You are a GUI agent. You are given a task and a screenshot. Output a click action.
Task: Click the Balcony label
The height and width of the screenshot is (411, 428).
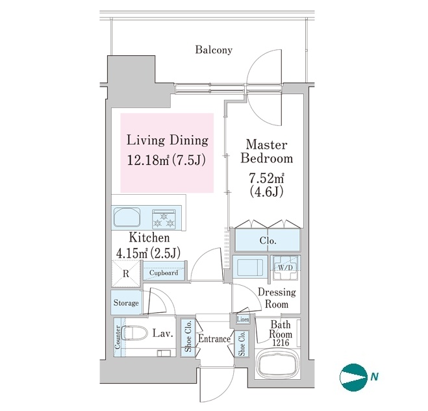[214, 50]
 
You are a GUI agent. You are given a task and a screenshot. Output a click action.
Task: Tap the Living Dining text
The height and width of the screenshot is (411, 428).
[168, 140]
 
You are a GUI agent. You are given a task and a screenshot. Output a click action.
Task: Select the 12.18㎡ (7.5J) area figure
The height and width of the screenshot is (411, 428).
[166, 160]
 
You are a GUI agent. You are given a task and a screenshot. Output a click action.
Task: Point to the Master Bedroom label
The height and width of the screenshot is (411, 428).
[267, 152]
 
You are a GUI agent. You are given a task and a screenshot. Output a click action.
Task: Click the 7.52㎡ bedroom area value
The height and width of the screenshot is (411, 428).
[266, 179]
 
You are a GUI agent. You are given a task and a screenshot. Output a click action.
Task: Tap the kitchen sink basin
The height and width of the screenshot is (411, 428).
[127, 218]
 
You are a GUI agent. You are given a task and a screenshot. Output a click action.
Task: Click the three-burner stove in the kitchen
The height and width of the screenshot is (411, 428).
[164, 219]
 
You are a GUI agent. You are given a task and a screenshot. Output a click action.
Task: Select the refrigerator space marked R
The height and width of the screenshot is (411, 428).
[126, 274]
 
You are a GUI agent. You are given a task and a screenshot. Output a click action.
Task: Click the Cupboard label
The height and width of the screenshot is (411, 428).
[164, 273]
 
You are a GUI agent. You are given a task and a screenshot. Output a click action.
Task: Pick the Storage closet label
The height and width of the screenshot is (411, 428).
[126, 303]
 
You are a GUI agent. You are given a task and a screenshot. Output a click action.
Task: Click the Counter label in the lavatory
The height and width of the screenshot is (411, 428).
[118, 337]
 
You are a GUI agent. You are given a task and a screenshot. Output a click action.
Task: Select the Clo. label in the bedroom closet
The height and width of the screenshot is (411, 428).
[268, 241]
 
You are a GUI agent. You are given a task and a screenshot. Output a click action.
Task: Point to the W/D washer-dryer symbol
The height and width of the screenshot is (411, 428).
[286, 268]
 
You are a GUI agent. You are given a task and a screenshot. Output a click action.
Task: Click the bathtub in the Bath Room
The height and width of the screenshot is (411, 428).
[277, 364]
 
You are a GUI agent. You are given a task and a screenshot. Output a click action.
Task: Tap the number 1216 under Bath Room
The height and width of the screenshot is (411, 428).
[281, 343]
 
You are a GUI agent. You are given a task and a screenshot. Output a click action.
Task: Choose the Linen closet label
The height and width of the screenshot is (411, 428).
[243, 319]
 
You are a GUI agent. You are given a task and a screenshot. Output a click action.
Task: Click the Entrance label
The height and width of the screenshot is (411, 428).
[214, 339]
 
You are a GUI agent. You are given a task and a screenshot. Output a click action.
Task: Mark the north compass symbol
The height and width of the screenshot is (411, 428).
[353, 377]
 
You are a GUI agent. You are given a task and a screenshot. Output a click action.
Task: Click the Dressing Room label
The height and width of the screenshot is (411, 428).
[277, 298]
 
